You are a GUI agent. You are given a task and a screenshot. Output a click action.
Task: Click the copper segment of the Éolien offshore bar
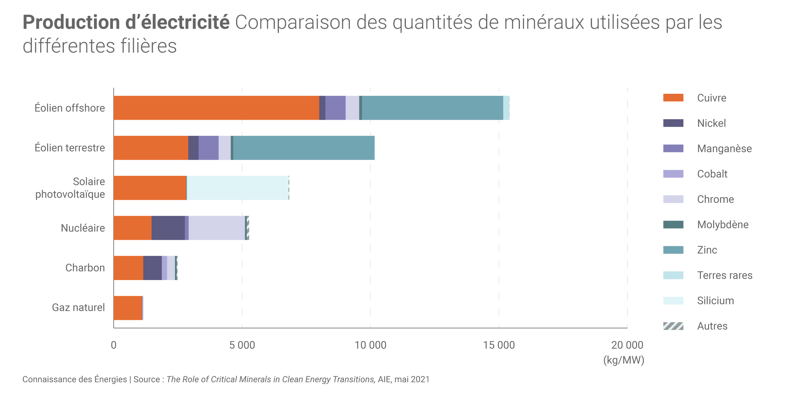click(x=216, y=108)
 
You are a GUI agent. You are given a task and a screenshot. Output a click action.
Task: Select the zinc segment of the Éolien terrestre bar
click(x=304, y=148)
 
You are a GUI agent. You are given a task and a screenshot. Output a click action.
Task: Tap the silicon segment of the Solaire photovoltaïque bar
click(x=238, y=188)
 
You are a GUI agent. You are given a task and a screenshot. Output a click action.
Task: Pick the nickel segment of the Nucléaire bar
click(x=168, y=228)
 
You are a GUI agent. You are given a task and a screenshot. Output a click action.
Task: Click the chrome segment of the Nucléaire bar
click(x=217, y=228)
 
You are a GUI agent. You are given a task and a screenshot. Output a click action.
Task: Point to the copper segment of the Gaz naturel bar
click(x=128, y=308)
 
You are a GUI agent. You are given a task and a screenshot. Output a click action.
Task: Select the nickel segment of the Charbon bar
click(x=153, y=268)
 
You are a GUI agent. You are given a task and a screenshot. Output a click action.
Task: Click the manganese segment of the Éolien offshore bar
click(x=335, y=108)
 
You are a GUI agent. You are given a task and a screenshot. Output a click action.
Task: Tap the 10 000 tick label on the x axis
click(x=370, y=345)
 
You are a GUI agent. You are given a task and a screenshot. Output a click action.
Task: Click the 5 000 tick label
click(x=242, y=345)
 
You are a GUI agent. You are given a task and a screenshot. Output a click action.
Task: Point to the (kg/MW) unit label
click(x=624, y=360)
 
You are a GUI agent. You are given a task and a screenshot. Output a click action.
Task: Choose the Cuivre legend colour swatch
click(x=673, y=98)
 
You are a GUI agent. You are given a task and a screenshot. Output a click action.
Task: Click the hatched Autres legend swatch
click(x=673, y=326)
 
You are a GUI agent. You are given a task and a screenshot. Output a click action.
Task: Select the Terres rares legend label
click(x=725, y=275)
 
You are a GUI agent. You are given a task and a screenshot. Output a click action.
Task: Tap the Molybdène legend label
click(x=723, y=225)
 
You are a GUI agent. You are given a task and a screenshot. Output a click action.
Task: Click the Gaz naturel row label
click(x=78, y=308)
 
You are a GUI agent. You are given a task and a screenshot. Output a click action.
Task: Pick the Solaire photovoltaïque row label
click(x=70, y=188)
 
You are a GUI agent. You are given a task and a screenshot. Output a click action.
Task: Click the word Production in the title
click(x=71, y=22)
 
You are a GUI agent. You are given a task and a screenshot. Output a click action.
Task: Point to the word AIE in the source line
click(x=384, y=380)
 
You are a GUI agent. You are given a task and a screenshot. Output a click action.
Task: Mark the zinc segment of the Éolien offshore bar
click(x=432, y=108)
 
